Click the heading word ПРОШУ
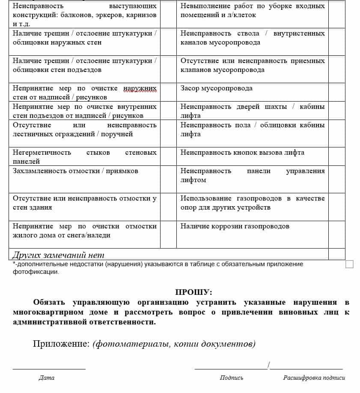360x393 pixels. (193, 292)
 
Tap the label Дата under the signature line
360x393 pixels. (46, 378)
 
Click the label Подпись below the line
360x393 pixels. (232, 378)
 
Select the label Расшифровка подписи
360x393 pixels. (314, 378)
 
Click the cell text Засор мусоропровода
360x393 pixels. (216, 88)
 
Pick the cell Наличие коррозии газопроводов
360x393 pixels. (235, 226)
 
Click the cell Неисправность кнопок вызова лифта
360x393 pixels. (242, 153)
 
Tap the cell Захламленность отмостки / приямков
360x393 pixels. (75, 171)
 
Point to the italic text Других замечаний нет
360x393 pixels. (58, 255)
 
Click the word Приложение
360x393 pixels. (61, 344)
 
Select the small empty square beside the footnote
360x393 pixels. (349, 264)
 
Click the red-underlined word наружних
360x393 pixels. (140, 89)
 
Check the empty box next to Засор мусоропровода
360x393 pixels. (336, 92)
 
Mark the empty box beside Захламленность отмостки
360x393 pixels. (168, 179)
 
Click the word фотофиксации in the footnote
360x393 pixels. (36, 272)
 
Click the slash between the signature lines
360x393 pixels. (268, 365)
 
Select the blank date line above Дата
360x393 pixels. (49, 368)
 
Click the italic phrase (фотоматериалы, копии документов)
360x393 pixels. (174, 344)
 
